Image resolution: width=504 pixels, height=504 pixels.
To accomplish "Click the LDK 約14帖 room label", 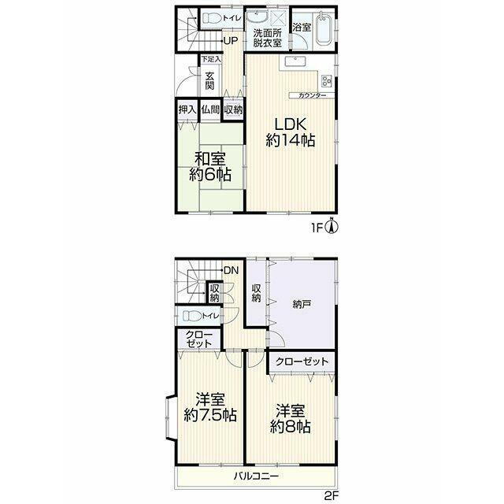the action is pyautogui.click(x=291, y=132).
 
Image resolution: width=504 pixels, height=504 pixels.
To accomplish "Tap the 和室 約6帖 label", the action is pyautogui.click(x=210, y=167).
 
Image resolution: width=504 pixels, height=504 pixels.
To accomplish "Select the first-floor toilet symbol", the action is pyautogui.click(x=212, y=18).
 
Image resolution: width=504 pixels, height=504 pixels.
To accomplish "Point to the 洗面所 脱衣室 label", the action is pyautogui.click(x=268, y=38).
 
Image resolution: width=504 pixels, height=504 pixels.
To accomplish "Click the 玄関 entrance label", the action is pyautogui.click(x=209, y=80).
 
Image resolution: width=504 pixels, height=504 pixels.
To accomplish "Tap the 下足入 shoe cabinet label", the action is pyautogui.click(x=211, y=59).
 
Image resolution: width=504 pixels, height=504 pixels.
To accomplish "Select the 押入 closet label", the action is pyautogui.click(x=187, y=110).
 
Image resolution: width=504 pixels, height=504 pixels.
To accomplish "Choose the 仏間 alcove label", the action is pyautogui.click(x=210, y=110).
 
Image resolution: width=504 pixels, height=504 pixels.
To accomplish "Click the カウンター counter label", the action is pyautogui.click(x=313, y=95).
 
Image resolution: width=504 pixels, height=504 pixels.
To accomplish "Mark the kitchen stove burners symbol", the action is pyautogui.click(x=327, y=80).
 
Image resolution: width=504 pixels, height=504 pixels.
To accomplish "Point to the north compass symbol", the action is pyautogui.click(x=332, y=225).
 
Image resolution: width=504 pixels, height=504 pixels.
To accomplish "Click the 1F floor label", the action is pyautogui.click(x=317, y=228).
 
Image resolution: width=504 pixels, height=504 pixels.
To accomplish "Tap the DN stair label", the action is pyautogui.click(x=232, y=270).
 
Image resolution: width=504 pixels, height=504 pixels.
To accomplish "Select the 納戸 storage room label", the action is pyautogui.click(x=302, y=304).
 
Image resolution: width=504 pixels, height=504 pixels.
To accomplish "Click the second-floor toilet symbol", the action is pyautogui.click(x=192, y=317).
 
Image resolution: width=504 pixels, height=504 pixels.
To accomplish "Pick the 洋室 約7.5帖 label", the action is pyautogui.click(x=210, y=408).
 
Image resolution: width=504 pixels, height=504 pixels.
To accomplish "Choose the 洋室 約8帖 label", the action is pyautogui.click(x=291, y=419).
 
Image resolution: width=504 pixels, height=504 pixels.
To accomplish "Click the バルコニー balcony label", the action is pyautogui.click(x=256, y=476).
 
